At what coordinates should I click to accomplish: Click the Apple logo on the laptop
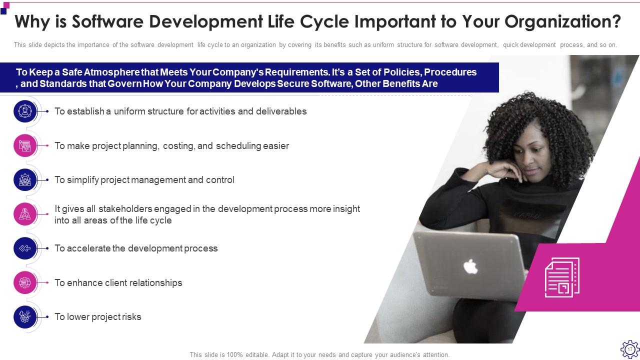470,266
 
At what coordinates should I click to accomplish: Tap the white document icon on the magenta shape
562,277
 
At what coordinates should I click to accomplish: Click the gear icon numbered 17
629,348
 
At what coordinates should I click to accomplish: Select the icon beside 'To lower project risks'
25,317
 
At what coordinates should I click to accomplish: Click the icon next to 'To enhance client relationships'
25,282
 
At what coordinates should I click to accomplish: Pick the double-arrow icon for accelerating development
25,248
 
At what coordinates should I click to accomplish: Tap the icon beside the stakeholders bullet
25,214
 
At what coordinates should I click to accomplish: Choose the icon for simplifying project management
25,180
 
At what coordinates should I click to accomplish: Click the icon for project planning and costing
25,146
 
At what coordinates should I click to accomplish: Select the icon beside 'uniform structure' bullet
25,111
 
